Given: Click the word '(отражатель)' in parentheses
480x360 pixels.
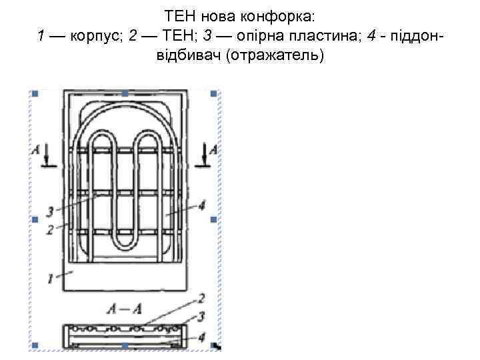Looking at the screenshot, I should [x=275, y=55].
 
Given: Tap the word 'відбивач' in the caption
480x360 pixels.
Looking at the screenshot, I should [x=189, y=55].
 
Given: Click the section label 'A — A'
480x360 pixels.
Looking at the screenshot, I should [x=123, y=309].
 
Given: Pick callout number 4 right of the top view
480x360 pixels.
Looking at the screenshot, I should [x=201, y=203].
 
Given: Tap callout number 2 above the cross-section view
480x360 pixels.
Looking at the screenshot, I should [x=201, y=297].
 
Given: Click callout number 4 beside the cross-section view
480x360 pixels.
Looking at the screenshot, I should [x=201, y=338].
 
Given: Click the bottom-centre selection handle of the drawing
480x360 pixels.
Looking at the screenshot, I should [x=125, y=345].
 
